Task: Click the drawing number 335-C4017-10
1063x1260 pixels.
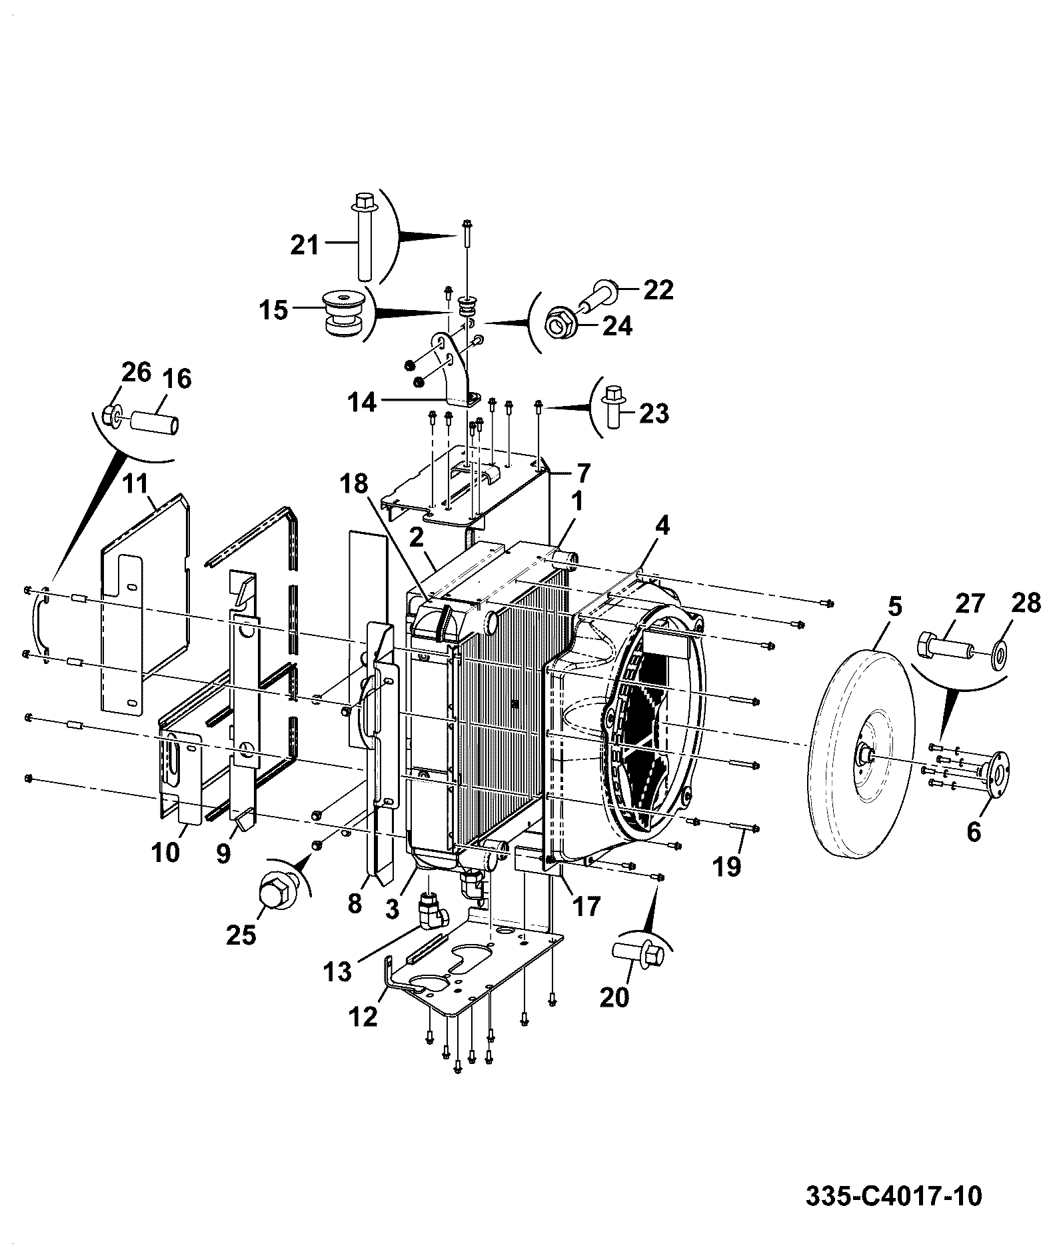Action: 894,1195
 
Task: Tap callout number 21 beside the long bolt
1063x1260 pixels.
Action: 305,245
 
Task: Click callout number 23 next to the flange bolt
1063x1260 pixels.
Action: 653,413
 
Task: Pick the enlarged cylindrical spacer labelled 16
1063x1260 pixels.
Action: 155,423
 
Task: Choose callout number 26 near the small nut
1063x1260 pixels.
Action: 136,372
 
